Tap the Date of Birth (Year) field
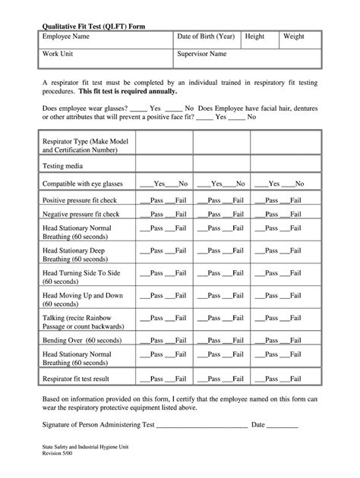click(206, 36)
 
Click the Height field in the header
click(254, 36)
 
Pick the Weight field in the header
click(295, 36)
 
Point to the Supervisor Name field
click(202, 55)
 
